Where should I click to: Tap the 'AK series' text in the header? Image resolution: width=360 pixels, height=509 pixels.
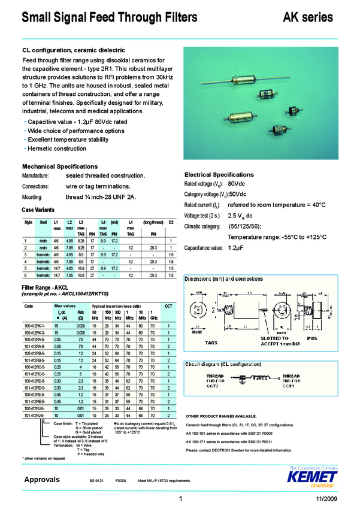[x=307, y=17]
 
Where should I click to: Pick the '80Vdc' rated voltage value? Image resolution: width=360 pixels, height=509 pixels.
[x=237, y=183]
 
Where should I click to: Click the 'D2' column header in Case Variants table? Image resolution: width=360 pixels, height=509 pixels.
[x=171, y=222]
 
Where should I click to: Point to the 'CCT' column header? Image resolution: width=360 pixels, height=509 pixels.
[x=168, y=306]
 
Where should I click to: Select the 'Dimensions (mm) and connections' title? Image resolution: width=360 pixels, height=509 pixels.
[x=225, y=280]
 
